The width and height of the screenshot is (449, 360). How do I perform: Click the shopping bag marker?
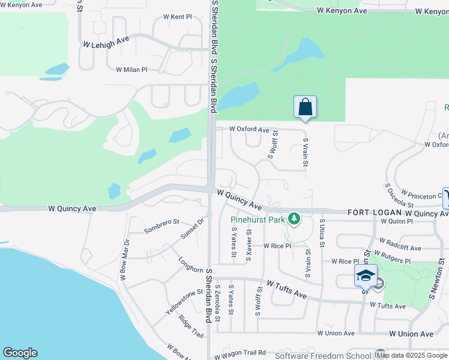pos(305,107)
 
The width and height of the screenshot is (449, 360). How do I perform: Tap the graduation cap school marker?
pos(366,275)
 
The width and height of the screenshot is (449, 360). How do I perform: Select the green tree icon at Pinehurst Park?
pos(294,219)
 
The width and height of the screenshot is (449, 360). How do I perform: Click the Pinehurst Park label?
pos(258,220)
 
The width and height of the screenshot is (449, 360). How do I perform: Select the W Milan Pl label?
pos(131,70)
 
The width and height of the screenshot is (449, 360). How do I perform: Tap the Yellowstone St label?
pos(181,303)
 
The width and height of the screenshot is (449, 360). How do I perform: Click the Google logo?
pos(20,353)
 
